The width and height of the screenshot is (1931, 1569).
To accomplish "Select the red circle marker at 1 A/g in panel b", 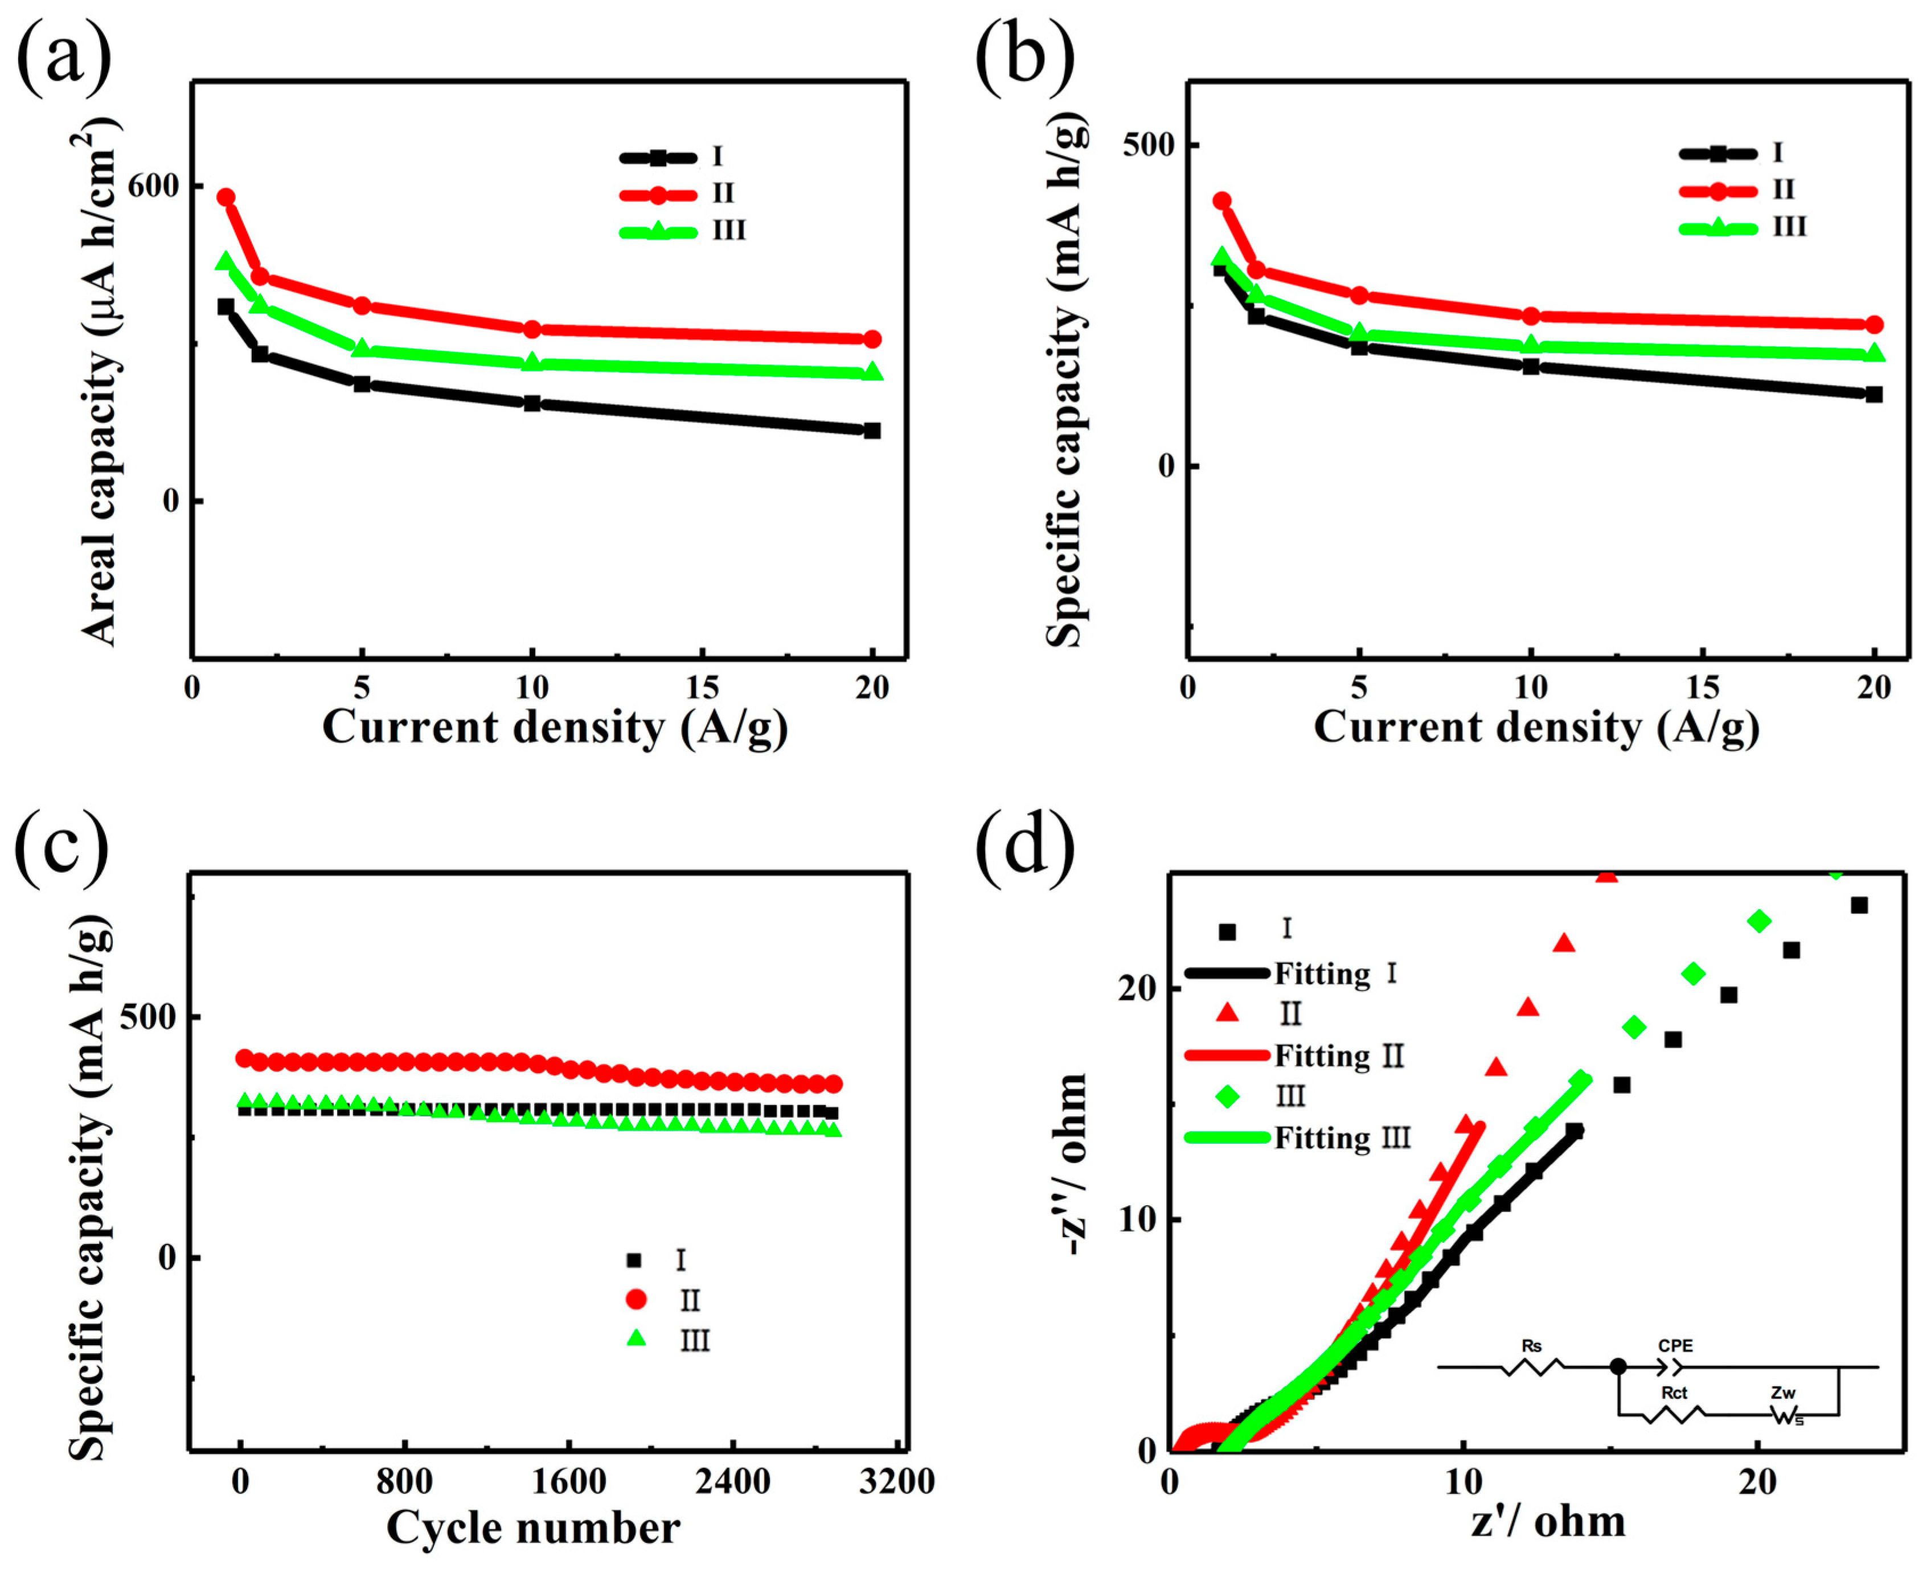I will tap(1222, 200).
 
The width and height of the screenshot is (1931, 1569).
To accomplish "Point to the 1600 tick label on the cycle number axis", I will tap(568, 1482).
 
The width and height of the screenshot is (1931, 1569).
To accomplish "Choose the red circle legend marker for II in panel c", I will tap(637, 1299).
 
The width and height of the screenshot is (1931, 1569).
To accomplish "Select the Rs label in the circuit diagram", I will tap(1531, 1346).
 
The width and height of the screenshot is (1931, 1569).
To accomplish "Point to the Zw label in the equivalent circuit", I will tap(1783, 1393).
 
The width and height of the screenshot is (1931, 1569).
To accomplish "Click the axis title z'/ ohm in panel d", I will tap(1548, 1521).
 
